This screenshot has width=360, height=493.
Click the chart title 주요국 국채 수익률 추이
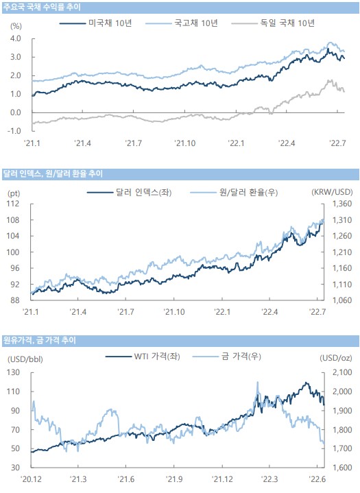tap(42, 7)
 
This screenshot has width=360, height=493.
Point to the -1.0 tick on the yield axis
tap(14, 131)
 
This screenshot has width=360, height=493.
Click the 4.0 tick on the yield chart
tap(15, 38)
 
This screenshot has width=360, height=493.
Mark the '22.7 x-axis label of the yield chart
tap(337, 143)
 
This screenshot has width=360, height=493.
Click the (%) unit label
tap(16, 27)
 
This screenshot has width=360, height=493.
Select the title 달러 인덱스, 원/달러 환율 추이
tap(53, 174)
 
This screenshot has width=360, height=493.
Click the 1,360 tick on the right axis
tap(342, 204)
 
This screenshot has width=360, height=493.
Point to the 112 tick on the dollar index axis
tap(13, 204)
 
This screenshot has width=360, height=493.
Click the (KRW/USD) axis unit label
tap(332, 192)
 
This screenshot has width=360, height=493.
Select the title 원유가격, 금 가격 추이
tap(39, 341)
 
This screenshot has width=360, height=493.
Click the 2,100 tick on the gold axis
tap(342, 372)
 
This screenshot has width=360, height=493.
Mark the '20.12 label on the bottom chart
tap(31, 479)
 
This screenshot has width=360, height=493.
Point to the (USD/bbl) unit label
tap(25, 359)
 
